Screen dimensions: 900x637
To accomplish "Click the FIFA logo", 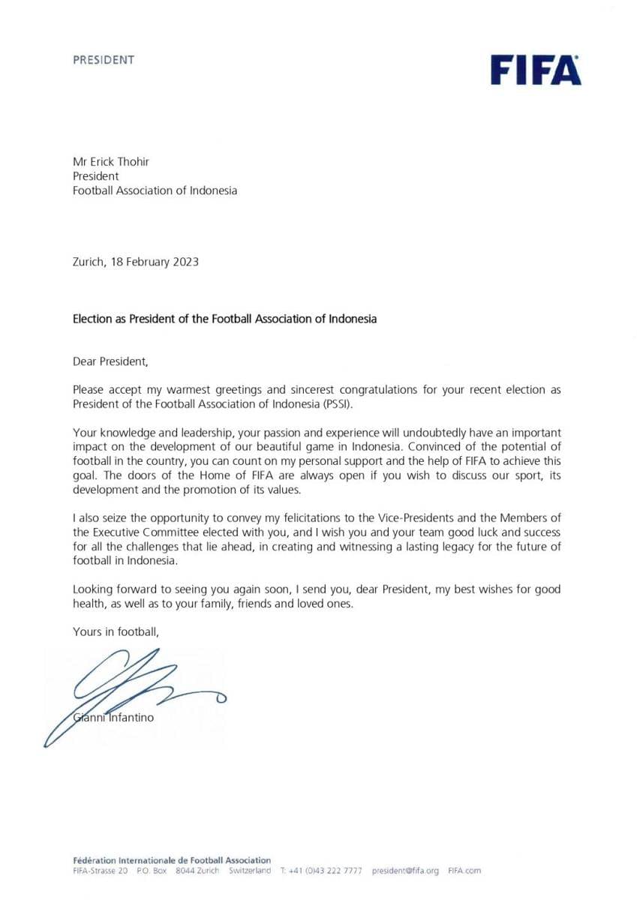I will (536, 70).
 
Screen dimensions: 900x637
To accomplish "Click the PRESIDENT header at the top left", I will (104, 59).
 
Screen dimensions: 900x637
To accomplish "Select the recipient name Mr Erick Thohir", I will (111, 161).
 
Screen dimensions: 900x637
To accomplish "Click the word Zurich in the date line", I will (89, 262).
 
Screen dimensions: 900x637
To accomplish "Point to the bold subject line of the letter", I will (224, 319).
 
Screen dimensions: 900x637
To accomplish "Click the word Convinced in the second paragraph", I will (437, 447).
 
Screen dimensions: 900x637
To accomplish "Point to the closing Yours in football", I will (116, 631).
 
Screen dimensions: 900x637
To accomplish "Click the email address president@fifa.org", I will (405, 871).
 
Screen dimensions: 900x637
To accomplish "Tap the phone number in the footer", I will (326, 871).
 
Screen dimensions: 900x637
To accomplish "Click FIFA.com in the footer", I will (464, 871).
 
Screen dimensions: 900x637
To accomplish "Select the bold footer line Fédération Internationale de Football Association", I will (172, 860).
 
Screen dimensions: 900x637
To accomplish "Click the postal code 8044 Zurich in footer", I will (197, 871).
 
